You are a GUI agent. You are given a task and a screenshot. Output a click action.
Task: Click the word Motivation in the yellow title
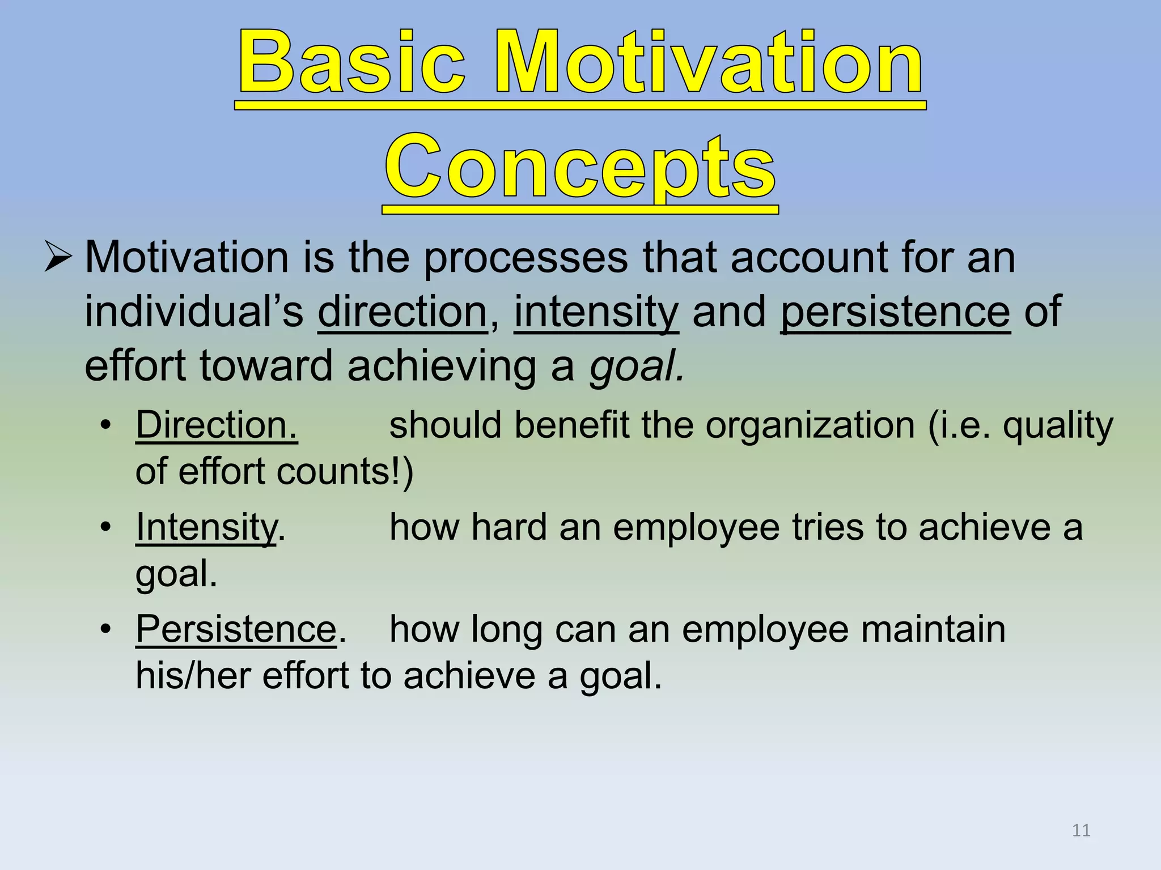(x=709, y=63)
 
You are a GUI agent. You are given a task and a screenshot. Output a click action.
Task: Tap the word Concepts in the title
(x=580, y=168)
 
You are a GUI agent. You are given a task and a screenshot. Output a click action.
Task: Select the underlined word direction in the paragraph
(x=402, y=312)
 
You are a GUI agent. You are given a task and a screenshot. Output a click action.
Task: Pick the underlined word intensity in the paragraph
(x=596, y=312)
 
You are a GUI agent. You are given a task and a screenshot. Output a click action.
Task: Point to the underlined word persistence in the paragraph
(x=895, y=312)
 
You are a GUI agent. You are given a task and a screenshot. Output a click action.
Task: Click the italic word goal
(x=636, y=366)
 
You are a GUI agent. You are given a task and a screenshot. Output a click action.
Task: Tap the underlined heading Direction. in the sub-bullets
(x=217, y=425)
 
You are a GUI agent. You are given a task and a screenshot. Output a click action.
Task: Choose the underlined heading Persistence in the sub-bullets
(x=236, y=629)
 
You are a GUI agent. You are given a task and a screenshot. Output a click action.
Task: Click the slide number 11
(x=1081, y=830)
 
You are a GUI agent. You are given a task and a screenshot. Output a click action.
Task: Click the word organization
(x=810, y=425)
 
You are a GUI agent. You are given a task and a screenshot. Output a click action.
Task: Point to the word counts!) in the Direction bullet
(x=345, y=471)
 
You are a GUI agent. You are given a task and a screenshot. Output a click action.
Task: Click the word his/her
(x=193, y=676)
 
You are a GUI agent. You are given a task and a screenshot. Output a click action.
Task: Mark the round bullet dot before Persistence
(x=105, y=629)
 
